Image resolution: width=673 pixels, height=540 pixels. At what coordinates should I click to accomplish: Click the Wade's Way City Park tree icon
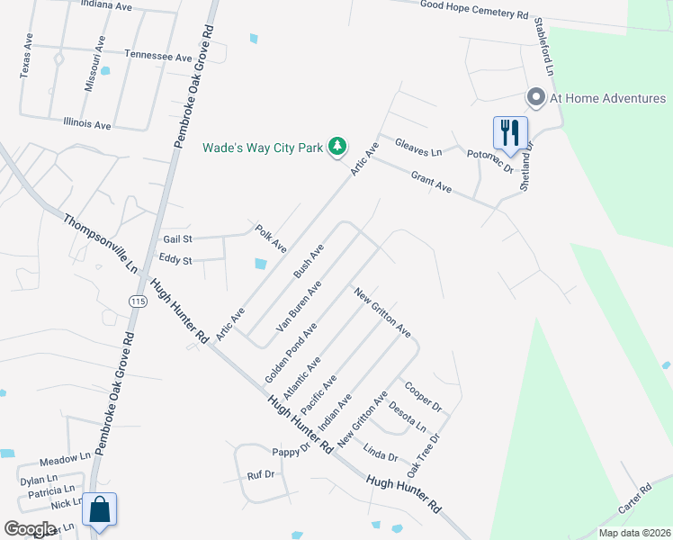pyautogui.click(x=337, y=147)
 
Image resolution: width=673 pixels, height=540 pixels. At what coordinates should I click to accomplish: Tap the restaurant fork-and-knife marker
pyautogui.click(x=510, y=132)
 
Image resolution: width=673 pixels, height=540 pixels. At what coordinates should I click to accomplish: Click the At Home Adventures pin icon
pyautogui.click(x=536, y=97)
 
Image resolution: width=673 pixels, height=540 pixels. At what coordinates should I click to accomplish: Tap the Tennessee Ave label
pyautogui.click(x=158, y=56)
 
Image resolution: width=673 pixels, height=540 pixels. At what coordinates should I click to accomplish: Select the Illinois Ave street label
pyautogui.click(x=87, y=123)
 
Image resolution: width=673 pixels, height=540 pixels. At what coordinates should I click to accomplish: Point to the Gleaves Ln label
pyautogui.click(x=418, y=147)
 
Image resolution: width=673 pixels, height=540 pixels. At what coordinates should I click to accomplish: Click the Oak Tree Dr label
pyautogui.click(x=423, y=456)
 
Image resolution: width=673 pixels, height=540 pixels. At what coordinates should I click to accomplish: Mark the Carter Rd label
pyautogui.click(x=634, y=501)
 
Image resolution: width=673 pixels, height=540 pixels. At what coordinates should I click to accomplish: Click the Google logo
pyautogui.click(x=30, y=529)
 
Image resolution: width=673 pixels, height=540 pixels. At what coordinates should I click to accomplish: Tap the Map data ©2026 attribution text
pyautogui.click(x=634, y=533)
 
